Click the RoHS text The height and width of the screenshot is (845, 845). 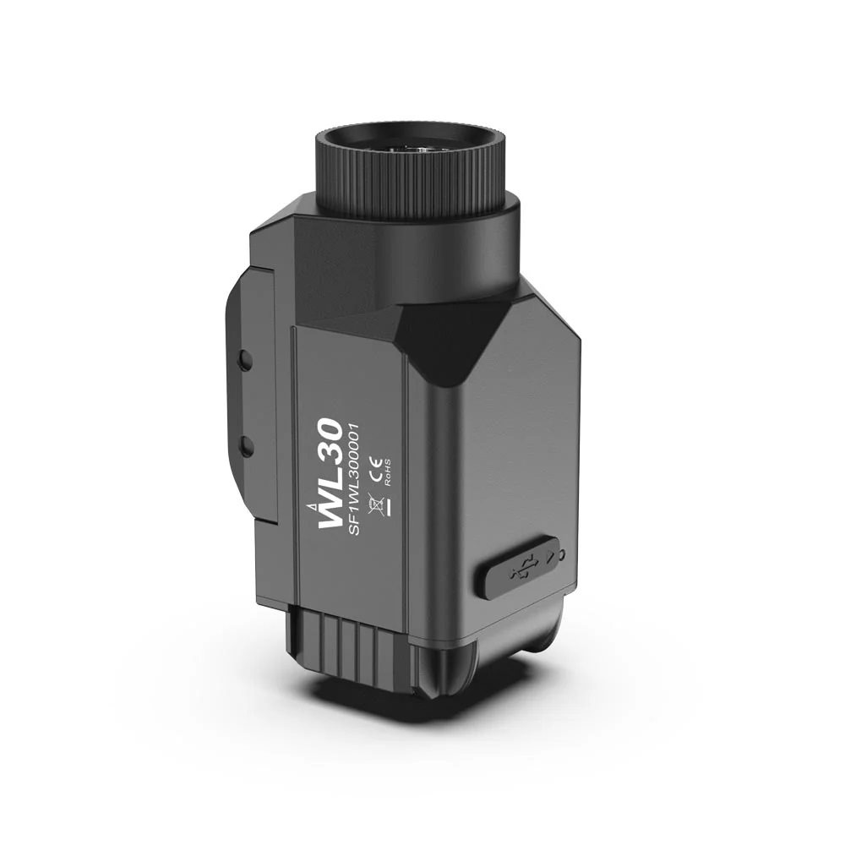[386, 472]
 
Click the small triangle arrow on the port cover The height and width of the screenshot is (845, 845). [550, 556]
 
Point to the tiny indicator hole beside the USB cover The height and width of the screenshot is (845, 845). [563, 553]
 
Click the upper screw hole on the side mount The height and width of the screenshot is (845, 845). [245, 360]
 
